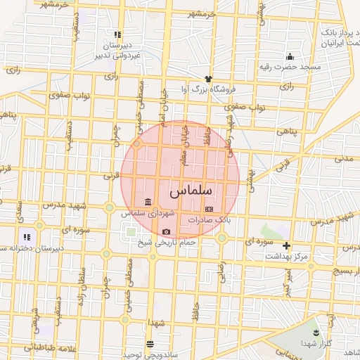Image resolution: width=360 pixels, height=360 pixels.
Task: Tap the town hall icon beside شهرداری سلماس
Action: point(148,202)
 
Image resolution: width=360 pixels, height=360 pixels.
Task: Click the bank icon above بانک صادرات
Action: point(208,210)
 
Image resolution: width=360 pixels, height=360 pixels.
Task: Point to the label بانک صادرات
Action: point(209,220)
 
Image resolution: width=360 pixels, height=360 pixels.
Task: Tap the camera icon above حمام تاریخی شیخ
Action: point(166,231)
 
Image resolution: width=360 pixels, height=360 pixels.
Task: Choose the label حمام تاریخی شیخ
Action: point(166,242)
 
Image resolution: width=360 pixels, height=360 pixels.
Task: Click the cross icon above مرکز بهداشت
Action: point(286,245)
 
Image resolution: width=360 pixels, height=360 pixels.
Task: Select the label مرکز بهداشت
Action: point(286,256)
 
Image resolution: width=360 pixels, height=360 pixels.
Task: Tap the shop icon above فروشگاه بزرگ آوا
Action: point(208,79)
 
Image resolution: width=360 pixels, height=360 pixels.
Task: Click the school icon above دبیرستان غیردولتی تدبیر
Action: point(117,34)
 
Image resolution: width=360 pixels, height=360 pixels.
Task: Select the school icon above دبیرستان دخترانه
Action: point(26,238)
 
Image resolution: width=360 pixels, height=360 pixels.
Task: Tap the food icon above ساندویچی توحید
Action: point(149,343)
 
